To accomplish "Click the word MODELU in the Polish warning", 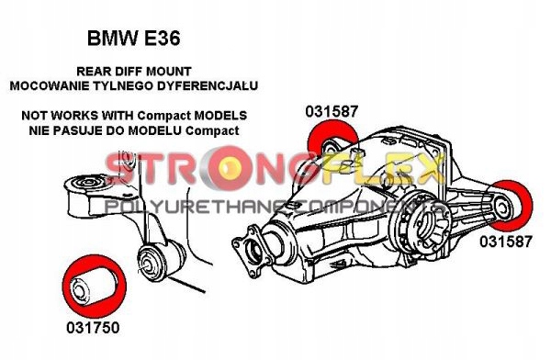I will [158, 130].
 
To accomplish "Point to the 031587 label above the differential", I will [332, 112].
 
